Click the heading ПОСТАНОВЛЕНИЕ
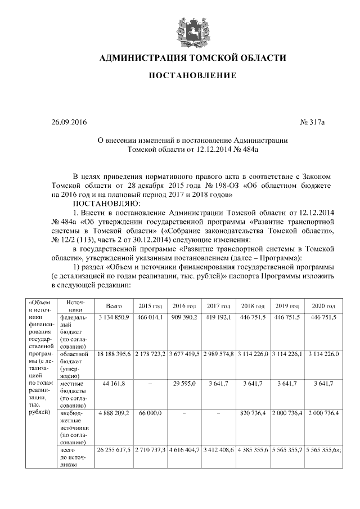[192, 75]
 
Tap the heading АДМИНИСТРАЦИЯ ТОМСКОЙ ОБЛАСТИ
[192, 58]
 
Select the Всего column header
[114, 306]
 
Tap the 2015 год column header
[150, 306]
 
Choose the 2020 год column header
[323, 306]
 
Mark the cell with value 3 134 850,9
[114, 318]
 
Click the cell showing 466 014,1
[150, 318]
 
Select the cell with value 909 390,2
[184, 318]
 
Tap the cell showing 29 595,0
[184, 383]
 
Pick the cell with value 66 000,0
[150, 413]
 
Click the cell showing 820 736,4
[253, 413]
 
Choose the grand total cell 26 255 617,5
[114, 451]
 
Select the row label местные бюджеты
[73, 394]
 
